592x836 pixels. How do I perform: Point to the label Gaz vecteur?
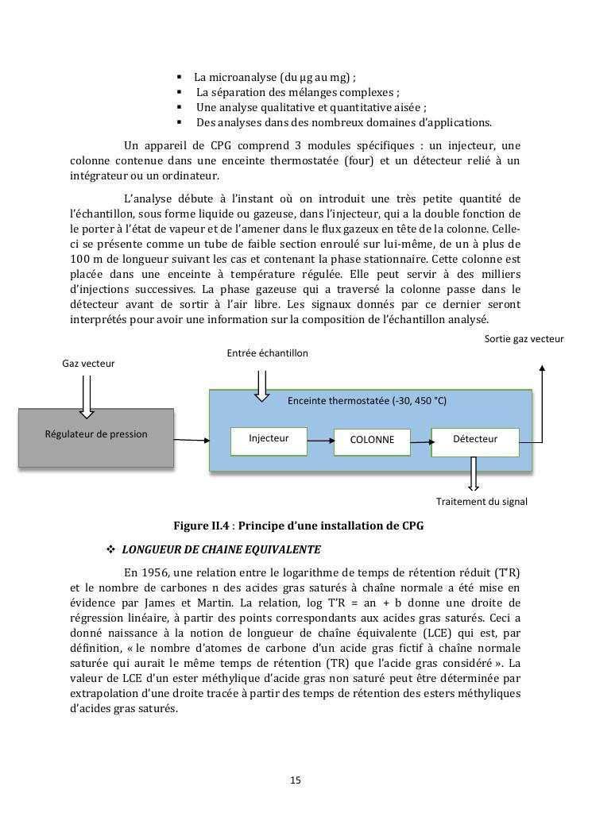tap(88, 364)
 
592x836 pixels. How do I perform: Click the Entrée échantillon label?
tap(267, 353)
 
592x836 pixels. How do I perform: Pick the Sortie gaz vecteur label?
tap(524, 339)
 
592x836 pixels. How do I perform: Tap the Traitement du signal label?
tap(482, 502)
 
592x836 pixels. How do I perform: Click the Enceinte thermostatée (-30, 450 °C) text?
tap(367, 401)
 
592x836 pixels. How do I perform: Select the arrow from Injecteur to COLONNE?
tap(320, 440)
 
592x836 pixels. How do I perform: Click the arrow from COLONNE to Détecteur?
tap(421, 440)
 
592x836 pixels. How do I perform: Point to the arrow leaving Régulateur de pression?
tap(191, 439)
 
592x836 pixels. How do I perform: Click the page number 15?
tap(296, 780)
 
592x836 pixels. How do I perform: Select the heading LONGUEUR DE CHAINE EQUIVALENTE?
tap(221, 549)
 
